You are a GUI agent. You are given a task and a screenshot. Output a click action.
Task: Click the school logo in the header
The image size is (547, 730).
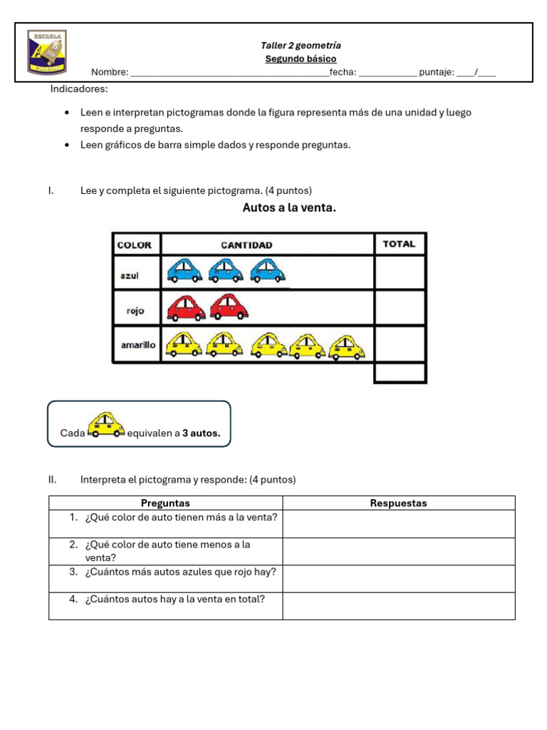(x=47, y=52)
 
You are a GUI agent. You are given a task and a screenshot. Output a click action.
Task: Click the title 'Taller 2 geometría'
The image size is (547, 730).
(x=301, y=46)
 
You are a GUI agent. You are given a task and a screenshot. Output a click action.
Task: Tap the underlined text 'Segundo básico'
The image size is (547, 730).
(x=301, y=59)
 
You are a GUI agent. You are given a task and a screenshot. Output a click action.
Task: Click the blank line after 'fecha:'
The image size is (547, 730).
(x=387, y=73)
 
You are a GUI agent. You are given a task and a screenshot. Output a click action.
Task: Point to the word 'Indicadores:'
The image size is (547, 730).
(x=79, y=89)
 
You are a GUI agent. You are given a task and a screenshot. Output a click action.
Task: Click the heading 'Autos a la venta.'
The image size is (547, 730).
(x=289, y=208)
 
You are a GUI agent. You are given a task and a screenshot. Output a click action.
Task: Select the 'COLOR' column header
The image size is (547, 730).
(x=135, y=245)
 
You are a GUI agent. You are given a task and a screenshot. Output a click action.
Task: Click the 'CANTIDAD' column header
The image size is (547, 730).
(x=246, y=245)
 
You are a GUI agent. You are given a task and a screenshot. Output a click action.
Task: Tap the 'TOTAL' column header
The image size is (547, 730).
(x=399, y=244)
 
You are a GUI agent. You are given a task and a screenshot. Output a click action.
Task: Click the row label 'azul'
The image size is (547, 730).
(x=130, y=275)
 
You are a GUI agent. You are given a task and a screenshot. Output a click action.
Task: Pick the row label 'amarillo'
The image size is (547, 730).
(x=137, y=344)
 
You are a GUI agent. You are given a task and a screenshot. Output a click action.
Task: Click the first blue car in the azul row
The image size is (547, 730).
(x=184, y=271)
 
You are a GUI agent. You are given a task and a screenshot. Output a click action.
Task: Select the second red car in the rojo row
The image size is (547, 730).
(x=230, y=307)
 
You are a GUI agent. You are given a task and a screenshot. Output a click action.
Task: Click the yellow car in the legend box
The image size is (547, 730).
(x=106, y=425)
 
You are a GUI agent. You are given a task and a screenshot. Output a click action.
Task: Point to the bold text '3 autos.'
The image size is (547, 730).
(x=202, y=433)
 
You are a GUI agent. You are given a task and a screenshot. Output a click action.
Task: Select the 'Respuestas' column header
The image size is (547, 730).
(x=398, y=503)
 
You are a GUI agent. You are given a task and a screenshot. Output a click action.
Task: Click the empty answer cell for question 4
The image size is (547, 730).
(x=398, y=606)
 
